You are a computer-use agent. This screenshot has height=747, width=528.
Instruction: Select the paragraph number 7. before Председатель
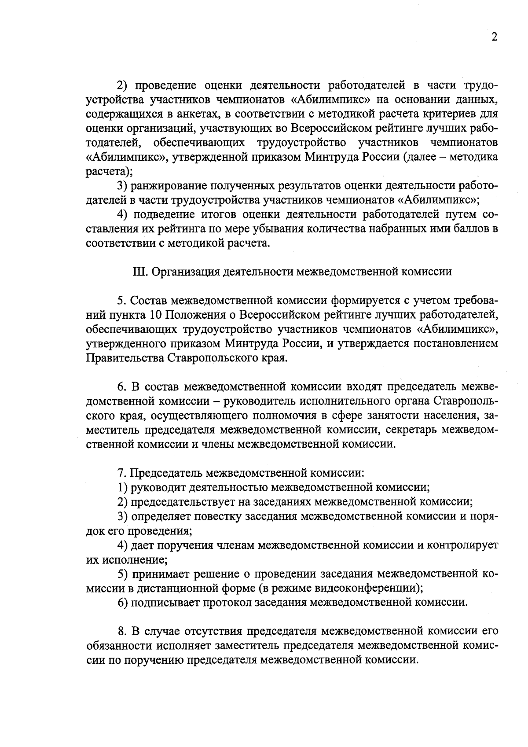coord(122,473)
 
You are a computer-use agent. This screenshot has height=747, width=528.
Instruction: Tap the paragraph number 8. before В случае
coord(122,631)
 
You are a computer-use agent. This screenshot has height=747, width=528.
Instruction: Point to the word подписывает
coord(165,602)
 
